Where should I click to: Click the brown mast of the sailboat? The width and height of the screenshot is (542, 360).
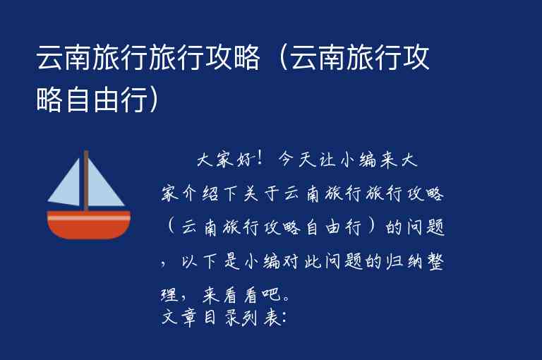[86, 180]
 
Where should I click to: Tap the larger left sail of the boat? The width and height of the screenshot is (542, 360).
[68, 186]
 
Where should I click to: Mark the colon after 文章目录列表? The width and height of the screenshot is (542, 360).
[283, 318]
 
